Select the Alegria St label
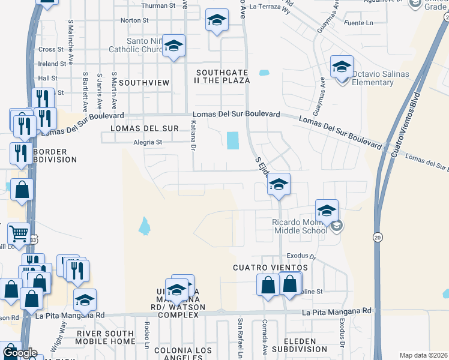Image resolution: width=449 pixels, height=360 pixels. pyautogui.click(x=148, y=142)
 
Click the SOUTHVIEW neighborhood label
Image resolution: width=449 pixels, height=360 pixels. pyautogui.click(x=144, y=82)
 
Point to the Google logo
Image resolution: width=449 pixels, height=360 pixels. pyautogui.click(x=19, y=353)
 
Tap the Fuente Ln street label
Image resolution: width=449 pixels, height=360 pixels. pyautogui.click(x=361, y=23)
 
